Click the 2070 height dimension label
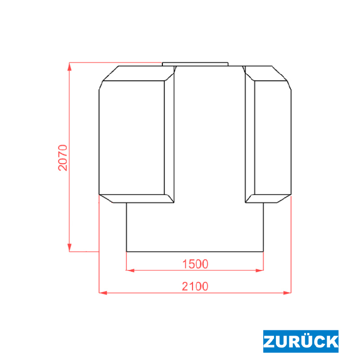tap(63, 158)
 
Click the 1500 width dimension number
tap(195, 264)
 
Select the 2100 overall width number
tap(195, 286)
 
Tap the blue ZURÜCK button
tap(301, 341)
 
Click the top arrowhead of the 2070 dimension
tap(69, 66)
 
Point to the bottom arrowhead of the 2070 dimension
tap(69, 248)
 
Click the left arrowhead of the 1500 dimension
tap(130, 270)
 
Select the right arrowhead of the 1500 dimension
tap(260, 270)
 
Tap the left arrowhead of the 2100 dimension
tap(103, 293)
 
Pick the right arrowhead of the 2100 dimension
tap(287, 293)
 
